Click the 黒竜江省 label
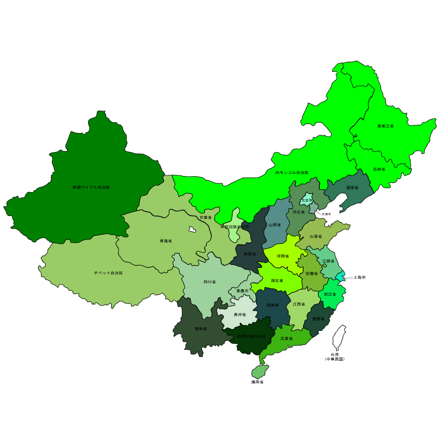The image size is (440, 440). (x=385, y=126)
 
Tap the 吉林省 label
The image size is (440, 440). (x=379, y=169)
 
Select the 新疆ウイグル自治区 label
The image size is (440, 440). (x=91, y=187)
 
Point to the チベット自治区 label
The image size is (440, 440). (x=108, y=273)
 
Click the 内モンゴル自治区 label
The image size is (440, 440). (x=292, y=173)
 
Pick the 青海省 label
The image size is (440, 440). (x=166, y=241)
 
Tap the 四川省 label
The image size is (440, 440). (x=209, y=282)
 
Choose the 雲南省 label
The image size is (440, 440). (x=200, y=329)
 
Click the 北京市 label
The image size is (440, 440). (x=307, y=200)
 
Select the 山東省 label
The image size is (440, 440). (x=316, y=237)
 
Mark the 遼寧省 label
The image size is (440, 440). (x=352, y=188)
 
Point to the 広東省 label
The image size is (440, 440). (x=286, y=338)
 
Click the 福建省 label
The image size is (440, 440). (x=318, y=319)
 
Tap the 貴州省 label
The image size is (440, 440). (x=240, y=315)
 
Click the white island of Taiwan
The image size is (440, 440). (x=339, y=337)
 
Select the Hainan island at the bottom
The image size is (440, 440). (x=260, y=372)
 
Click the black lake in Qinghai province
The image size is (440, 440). (x=192, y=229)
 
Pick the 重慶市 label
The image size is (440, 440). (x=242, y=291)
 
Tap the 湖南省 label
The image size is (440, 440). (x=272, y=305)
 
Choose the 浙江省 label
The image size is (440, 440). (x=330, y=294)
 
